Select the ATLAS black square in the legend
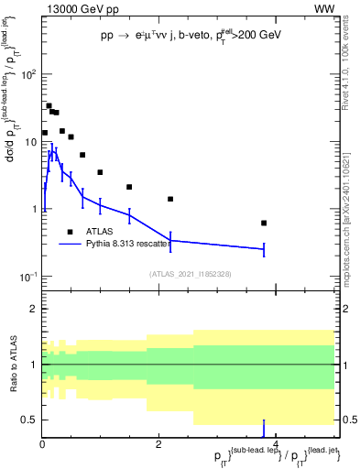click(70, 232)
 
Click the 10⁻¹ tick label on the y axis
click(26, 276)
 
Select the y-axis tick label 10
click(27, 141)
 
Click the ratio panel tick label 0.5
click(27, 420)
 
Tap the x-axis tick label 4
click(276, 445)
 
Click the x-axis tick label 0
click(42, 445)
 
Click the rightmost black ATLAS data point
click(264, 223)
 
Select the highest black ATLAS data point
click(49, 105)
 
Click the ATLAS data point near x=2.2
click(170, 199)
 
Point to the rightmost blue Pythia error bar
click(264, 248)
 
